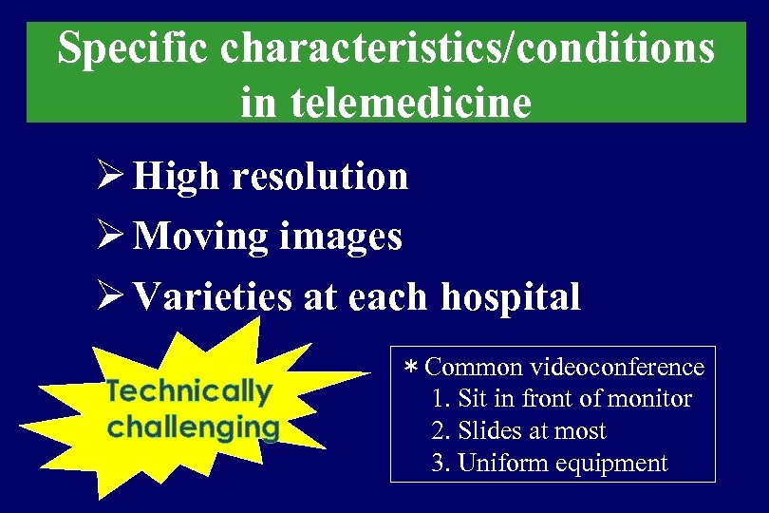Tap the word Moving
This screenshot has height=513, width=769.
point(201,237)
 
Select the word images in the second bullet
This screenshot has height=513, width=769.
point(340,237)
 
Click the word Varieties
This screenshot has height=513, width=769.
point(212,296)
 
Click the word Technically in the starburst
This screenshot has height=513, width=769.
point(189,390)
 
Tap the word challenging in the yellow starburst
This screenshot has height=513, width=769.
point(193,427)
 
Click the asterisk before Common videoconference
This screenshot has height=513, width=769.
point(411,368)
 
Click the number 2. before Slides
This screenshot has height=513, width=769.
point(440,431)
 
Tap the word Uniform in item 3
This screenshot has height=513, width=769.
point(498,464)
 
